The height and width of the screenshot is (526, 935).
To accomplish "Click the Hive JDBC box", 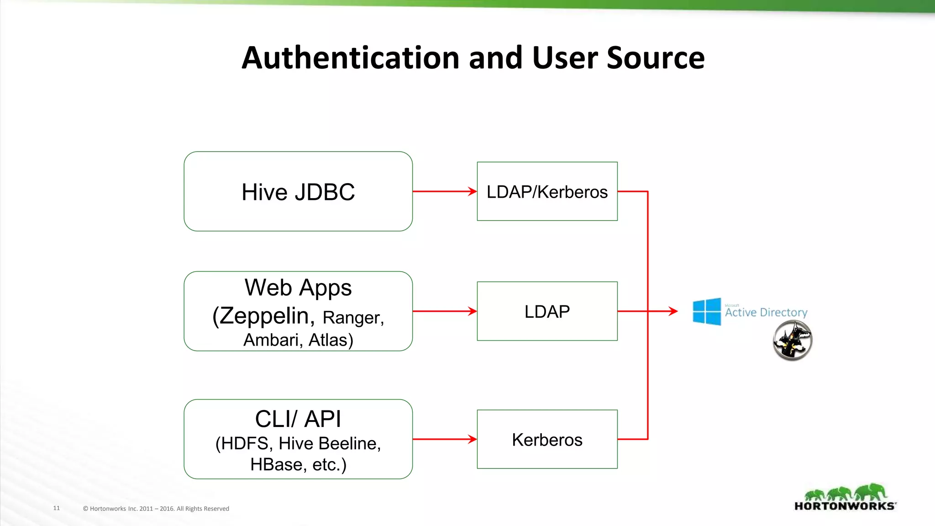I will (x=298, y=191).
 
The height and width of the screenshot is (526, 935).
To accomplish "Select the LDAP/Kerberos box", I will (x=547, y=191).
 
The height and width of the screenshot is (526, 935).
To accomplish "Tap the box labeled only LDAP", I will (x=547, y=311).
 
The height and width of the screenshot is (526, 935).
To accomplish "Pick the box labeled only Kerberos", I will (x=547, y=439).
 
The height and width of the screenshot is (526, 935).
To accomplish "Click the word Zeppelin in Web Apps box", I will (x=267, y=316).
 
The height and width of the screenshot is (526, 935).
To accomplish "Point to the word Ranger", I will (x=352, y=318).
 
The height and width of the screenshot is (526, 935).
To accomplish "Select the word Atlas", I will (x=331, y=340).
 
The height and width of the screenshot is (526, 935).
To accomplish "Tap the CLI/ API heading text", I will (x=298, y=419).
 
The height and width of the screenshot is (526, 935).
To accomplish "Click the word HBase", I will (x=278, y=464).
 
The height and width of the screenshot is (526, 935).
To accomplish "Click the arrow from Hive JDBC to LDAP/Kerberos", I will (x=444, y=191).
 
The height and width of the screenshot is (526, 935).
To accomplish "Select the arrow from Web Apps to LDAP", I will (x=444, y=311).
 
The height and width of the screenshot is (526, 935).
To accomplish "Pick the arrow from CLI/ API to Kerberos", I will (x=444, y=439).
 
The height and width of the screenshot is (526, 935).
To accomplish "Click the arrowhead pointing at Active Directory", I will (x=673, y=311).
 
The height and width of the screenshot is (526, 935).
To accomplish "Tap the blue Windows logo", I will (x=707, y=311).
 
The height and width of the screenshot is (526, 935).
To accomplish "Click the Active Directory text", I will (x=766, y=312).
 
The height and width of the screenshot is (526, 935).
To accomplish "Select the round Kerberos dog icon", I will (x=792, y=341).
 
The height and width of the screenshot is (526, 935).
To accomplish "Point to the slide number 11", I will (x=57, y=508).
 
